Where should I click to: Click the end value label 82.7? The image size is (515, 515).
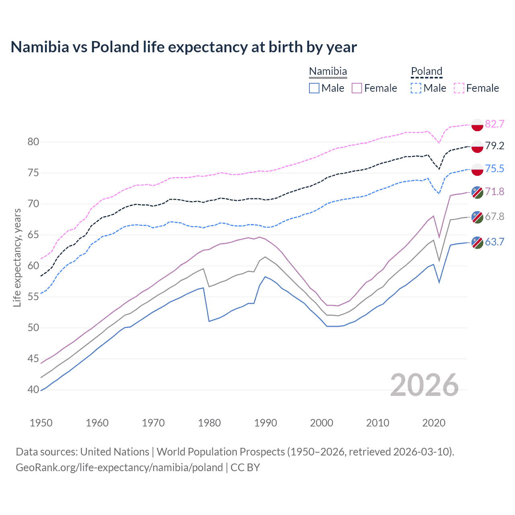pyautogui.click(x=494, y=124)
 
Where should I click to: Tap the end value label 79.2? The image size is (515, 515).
pyautogui.click(x=494, y=146)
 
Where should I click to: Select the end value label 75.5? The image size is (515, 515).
pyautogui.click(x=494, y=169)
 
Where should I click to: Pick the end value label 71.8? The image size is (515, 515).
pyautogui.click(x=494, y=192)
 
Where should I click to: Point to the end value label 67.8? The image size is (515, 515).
pyautogui.click(x=494, y=216)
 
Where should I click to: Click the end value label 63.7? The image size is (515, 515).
pyautogui.click(x=494, y=242)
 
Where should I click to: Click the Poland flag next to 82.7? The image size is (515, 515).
pyautogui.click(x=477, y=125)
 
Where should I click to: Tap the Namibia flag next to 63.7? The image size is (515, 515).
pyautogui.click(x=477, y=242)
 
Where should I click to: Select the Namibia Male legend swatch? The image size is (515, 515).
pyautogui.click(x=314, y=88)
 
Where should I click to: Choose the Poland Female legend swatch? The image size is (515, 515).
pyautogui.click(x=459, y=88)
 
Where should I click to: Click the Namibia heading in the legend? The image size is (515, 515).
pyautogui.click(x=328, y=71)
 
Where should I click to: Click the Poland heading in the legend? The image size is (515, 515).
pyautogui.click(x=426, y=71)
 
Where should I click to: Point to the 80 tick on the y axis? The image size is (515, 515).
pyautogui.click(x=33, y=142)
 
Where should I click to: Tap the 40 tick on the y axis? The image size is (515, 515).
pyautogui.click(x=33, y=389)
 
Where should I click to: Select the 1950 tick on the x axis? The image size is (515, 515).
pyautogui.click(x=41, y=423)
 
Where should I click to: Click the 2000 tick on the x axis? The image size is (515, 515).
pyautogui.click(x=321, y=423)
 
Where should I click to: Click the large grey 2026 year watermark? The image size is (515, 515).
pyautogui.click(x=424, y=385)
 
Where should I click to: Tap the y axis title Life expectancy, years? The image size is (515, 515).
pyautogui.click(x=17, y=257)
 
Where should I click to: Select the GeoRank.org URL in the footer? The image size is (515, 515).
pyautogui.click(x=119, y=468)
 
